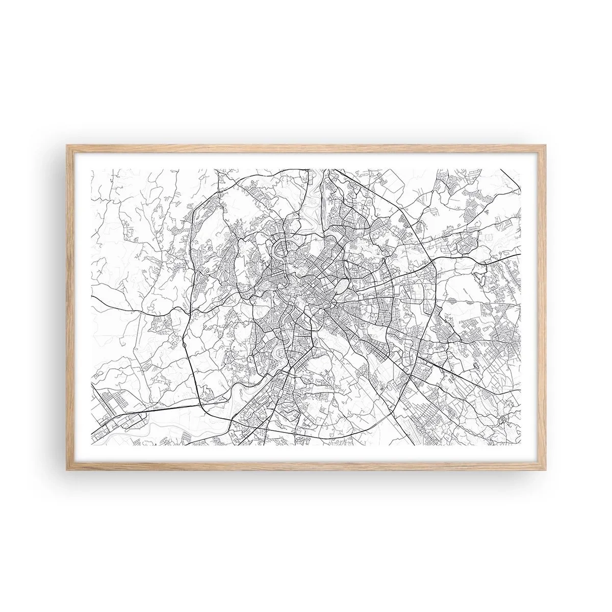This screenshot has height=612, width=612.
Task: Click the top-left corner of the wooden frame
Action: click(68, 146)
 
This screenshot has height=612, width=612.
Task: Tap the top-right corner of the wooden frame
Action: click(544, 146)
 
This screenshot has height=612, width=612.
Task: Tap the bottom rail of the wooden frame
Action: click(306, 464)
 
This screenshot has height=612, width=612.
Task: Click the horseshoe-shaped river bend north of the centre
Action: click(280, 249)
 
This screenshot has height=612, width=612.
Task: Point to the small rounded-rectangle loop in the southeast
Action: click(476, 366)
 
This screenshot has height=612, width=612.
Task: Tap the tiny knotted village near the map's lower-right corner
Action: click(504, 419)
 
